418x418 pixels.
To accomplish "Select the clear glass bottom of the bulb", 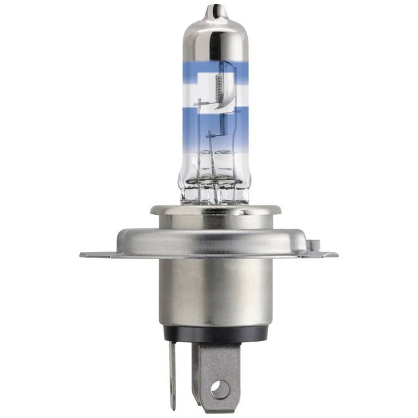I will [x=214, y=179].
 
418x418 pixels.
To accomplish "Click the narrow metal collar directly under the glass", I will [x=214, y=210].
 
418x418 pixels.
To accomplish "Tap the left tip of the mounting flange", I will [x=84, y=255].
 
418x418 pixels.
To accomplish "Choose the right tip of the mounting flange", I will [x=334, y=254].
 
